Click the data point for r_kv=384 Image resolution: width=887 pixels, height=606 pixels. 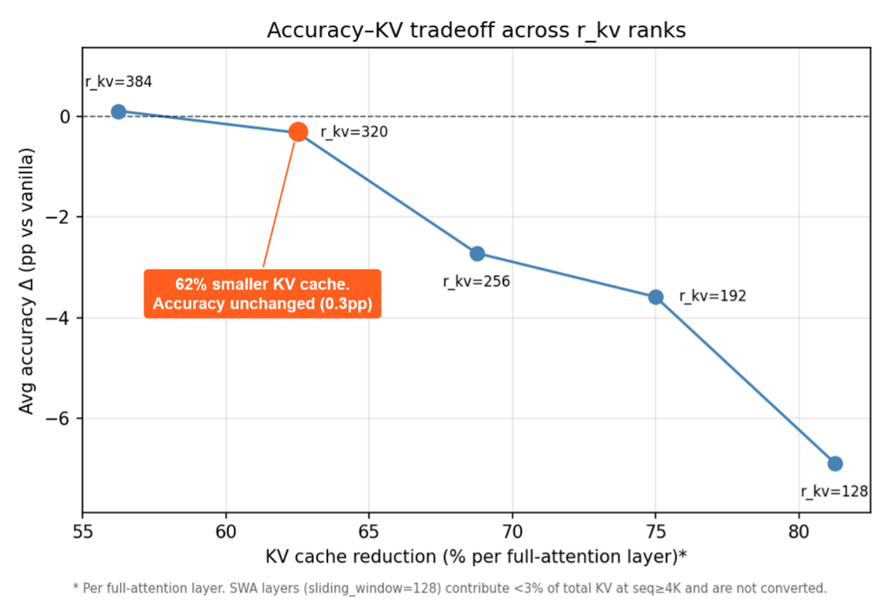pyautogui.click(x=118, y=112)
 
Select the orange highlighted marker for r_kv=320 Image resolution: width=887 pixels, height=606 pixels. pyautogui.click(x=298, y=132)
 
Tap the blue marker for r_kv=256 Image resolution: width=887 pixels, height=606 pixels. pyautogui.click(x=477, y=253)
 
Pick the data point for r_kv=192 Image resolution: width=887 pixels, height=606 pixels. pyautogui.click(x=655, y=296)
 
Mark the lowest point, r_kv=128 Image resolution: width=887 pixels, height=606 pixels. pyautogui.click(x=835, y=463)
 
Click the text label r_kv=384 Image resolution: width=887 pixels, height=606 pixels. pyautogui.click(x=119, y=82)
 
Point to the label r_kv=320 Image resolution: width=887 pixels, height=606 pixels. pyautogui.click(x=354, y=132)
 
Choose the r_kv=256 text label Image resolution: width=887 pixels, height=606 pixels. pyautogui.click(x=476, y=282)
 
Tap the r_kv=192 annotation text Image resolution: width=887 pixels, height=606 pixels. pyautogui.click(x=713, y=296)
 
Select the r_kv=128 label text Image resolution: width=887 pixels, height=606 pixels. pyautogui.click(x=834, y=492)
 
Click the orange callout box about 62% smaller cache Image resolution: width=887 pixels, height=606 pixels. pyautogui.click(x=263, y=294)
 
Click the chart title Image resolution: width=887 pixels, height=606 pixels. pyautogui.click(x=476, y=30)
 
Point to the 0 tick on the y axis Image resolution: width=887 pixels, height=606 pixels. pyautogui.click(x=65, y=116)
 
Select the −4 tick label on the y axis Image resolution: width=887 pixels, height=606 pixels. pyautogui.click(x=58, y=318)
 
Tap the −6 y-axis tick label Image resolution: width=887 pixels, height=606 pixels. pyautogui.click(x=58, y=418)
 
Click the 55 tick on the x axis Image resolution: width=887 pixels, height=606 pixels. pyautogui.click(x=83, y=532)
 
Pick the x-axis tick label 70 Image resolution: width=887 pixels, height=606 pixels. pyautogui.click(x=513, y=532)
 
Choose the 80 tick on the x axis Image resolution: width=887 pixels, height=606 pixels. pyautogui.click(x=798, y=532)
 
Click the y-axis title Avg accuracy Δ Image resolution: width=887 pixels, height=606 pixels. pyautogui.click(x=26, y=281)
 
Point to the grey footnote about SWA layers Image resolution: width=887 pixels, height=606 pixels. pyautogui.click(x=450, y=588)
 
